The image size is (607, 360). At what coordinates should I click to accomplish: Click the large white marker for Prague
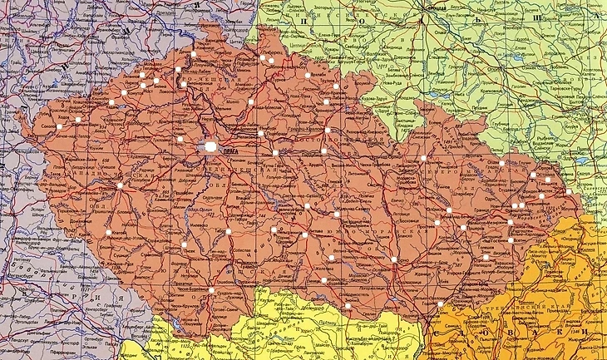[211, 147]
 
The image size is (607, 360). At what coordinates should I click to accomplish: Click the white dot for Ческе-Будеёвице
[211, 290]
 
